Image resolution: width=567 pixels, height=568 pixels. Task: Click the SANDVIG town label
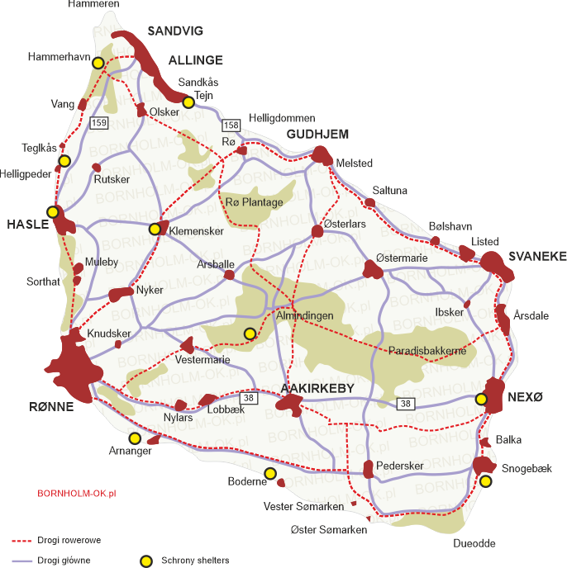pyautogui.click(x=175, y=31)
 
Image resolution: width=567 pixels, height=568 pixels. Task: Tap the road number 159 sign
pyautogui.click(x=99, y=123)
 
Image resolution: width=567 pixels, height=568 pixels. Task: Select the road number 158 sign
pyautogui.click(x=231, y=125)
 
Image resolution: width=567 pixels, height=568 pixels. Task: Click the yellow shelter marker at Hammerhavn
pyautogui.click(x=98, y=63)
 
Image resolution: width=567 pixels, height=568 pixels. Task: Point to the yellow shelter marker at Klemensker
pyautogui.click(x=155, y=229)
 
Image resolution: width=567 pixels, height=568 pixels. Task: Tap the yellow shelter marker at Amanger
pyautogui.click(x=134, y=438)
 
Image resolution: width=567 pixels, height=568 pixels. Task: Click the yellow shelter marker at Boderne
pyautogui.click(x=269, y=473)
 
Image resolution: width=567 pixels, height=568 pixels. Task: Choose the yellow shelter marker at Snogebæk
pyautogui.click(x=486, y=480)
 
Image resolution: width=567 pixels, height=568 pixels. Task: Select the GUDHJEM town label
pyautogui.click(x=317, y=134)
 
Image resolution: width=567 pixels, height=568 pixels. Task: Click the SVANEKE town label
pyautogui.click(x=537, y=257)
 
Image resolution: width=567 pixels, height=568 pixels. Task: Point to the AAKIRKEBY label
pyautogui.click(x=317, y=388)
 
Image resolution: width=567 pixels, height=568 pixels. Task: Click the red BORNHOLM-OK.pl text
pyautogui.click(x=77, y=493)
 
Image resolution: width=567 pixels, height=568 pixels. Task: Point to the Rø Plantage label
pyautogui.click(x=254, y=202)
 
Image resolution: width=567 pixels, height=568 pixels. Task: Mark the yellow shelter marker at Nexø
pyautogui.click(x=481, y=400)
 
